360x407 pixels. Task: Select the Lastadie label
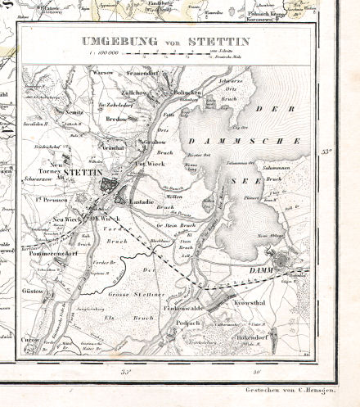(141, 199)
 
